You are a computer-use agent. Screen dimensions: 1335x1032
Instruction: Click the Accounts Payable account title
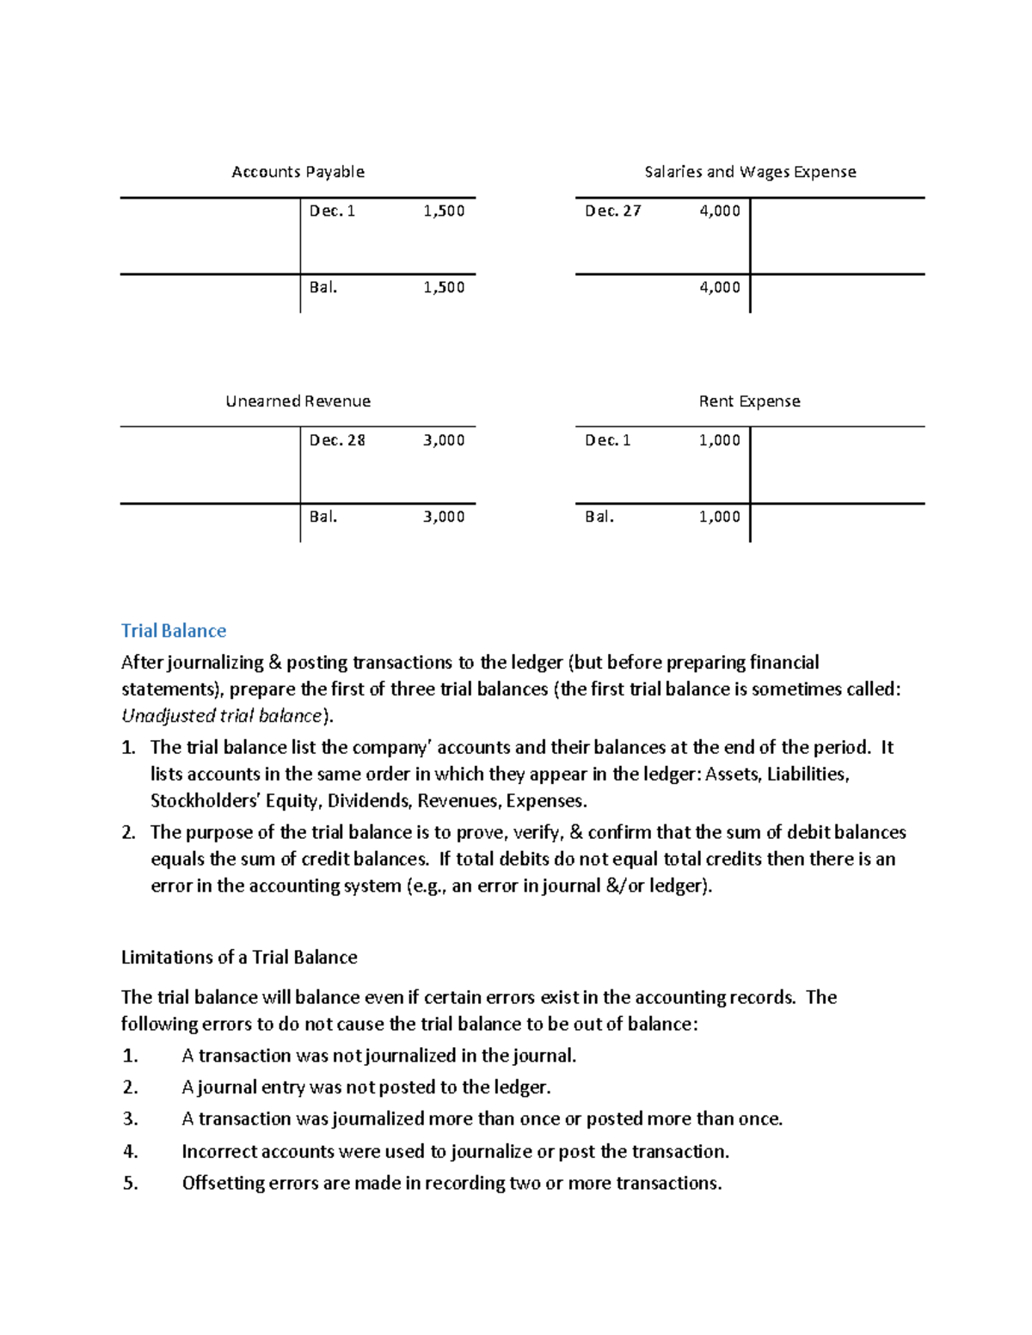298,172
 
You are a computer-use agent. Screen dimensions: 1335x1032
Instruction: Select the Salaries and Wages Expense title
750,172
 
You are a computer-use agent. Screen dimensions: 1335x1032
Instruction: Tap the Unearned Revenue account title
298,401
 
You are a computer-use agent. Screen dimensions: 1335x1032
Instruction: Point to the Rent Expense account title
749,401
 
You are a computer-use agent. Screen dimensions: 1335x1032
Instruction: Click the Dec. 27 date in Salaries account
612,211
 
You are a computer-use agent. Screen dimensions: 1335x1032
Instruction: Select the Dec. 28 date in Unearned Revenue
337,440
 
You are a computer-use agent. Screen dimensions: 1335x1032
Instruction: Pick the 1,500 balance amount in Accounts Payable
444,288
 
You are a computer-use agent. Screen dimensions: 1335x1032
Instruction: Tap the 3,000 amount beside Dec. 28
444,440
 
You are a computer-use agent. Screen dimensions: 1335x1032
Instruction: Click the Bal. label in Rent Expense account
599,517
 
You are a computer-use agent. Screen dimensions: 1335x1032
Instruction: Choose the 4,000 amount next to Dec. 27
719,211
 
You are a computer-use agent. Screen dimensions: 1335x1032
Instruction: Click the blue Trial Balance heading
174,631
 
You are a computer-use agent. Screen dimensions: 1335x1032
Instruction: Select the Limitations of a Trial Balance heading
239,958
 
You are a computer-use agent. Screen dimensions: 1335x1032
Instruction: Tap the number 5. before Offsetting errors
130,1184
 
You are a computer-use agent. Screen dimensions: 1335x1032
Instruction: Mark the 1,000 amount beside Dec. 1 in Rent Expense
719,440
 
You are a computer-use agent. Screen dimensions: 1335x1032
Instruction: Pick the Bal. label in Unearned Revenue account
323,517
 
